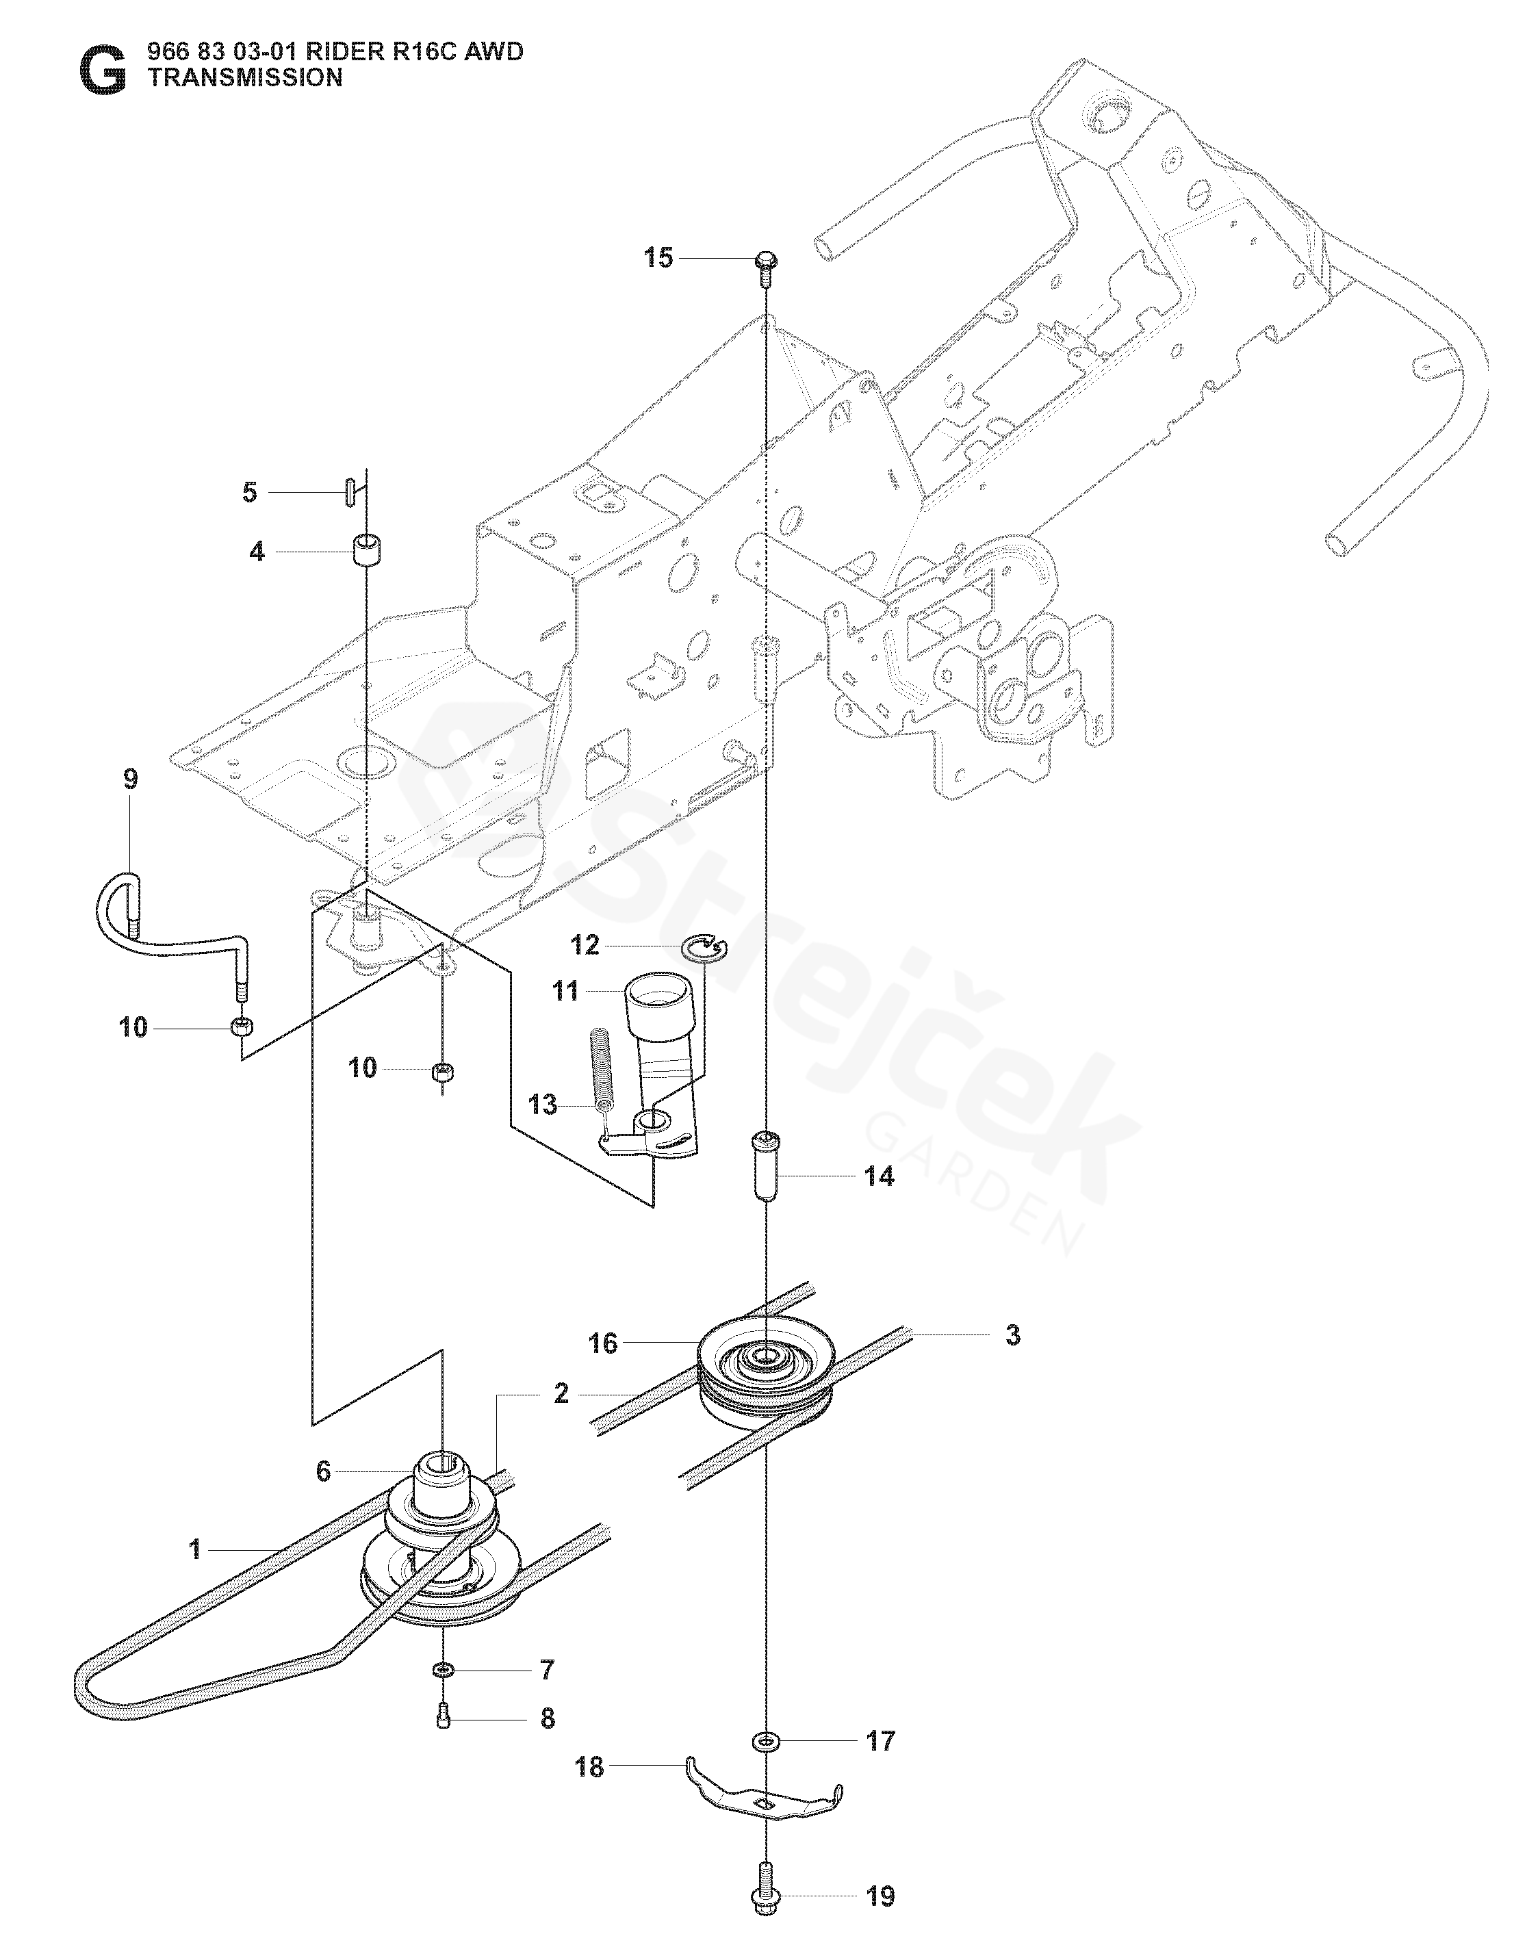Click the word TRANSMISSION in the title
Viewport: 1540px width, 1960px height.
coord(245,79)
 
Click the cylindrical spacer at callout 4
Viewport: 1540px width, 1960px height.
coord(366,550)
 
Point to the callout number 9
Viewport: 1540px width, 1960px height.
coord(131,779)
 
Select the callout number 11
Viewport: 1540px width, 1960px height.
coord(565,992)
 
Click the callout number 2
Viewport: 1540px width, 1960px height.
coord(561,1394)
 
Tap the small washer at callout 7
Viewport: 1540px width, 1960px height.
coord(443,1671)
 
